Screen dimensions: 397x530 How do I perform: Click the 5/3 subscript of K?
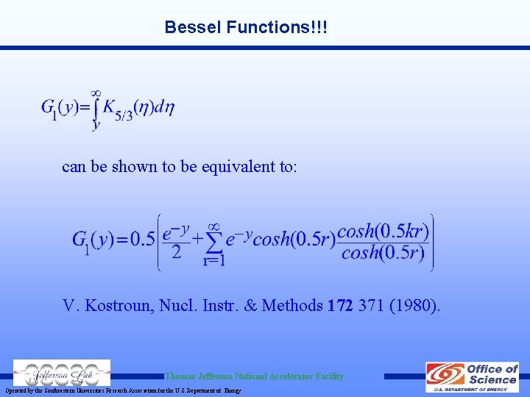(x=123, y=115)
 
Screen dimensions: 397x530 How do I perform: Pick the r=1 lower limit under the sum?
(x=214, y=260)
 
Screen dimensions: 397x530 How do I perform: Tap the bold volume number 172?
(x=340, y=305)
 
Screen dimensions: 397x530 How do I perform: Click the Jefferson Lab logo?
(x=62, y=373)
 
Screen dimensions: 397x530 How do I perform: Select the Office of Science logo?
(x=473, y=376)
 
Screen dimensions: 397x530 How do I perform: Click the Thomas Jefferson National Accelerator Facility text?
(x=254, y=376)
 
